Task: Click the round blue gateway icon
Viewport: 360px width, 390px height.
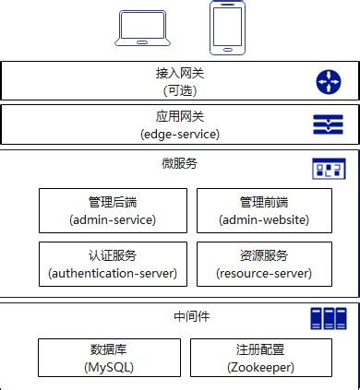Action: (329, 82)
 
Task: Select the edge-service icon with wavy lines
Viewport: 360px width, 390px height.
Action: (329, 125)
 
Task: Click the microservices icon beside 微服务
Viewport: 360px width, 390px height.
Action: (329, 169)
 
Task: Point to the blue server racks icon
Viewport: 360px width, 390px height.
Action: (329, 319)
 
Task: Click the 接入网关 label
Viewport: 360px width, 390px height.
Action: (179, 74)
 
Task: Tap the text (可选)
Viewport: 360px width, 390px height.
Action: (179, 90)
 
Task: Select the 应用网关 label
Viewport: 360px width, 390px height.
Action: (179, 117)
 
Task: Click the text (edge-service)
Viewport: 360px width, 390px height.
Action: (179, 134)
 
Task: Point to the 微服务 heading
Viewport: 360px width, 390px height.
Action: (179, 162)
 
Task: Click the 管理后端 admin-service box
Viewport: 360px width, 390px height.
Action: (113, 210)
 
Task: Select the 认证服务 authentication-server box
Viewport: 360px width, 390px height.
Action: (113, 264)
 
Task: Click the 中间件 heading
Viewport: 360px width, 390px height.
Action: (192, 316)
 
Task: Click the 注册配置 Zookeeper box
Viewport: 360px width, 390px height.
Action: (260, 358)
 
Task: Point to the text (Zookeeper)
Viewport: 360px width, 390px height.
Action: (260, 367)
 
